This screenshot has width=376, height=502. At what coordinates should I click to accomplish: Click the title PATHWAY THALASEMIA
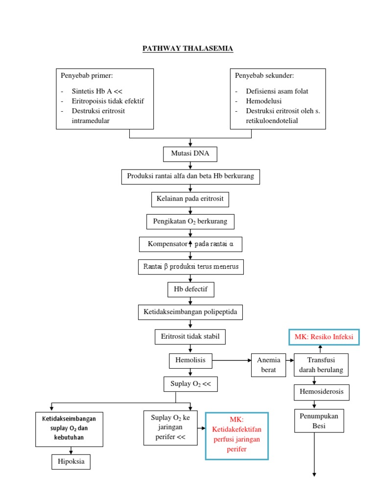[x=188, y=48]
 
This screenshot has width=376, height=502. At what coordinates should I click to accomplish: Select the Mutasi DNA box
[x=190, y=154]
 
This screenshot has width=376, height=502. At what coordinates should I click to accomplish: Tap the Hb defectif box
[x=190, y=289]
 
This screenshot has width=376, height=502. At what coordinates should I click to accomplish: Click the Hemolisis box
[x=190, y=361]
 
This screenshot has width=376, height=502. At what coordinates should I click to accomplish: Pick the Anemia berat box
[x=268, y=365]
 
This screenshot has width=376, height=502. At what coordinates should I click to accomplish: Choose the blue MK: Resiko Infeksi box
[x=324, y=337]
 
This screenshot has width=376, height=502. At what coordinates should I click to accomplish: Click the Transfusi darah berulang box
[x=321, y=365]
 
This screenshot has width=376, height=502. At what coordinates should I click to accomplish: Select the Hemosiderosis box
[x=322, y=392]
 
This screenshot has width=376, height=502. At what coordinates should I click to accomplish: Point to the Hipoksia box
[x=71, y=462]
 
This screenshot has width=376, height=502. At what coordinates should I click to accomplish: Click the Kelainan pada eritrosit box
[x=190, y=199]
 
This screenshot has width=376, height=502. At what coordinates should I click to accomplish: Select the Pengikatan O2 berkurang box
[x=190, y=222]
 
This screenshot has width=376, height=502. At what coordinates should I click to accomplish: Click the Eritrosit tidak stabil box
[x=190, y=337]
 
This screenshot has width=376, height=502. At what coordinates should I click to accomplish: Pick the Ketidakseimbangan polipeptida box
[x=190, y=312]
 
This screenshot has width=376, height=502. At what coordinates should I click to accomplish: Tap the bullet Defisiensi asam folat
[x=277, y=91]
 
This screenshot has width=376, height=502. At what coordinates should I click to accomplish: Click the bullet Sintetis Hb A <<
[x=96, y=91]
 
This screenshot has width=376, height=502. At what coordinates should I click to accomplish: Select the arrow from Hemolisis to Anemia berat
[x=231, y=361]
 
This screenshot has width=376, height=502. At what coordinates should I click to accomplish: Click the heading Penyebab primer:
[x=87, y=75]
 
